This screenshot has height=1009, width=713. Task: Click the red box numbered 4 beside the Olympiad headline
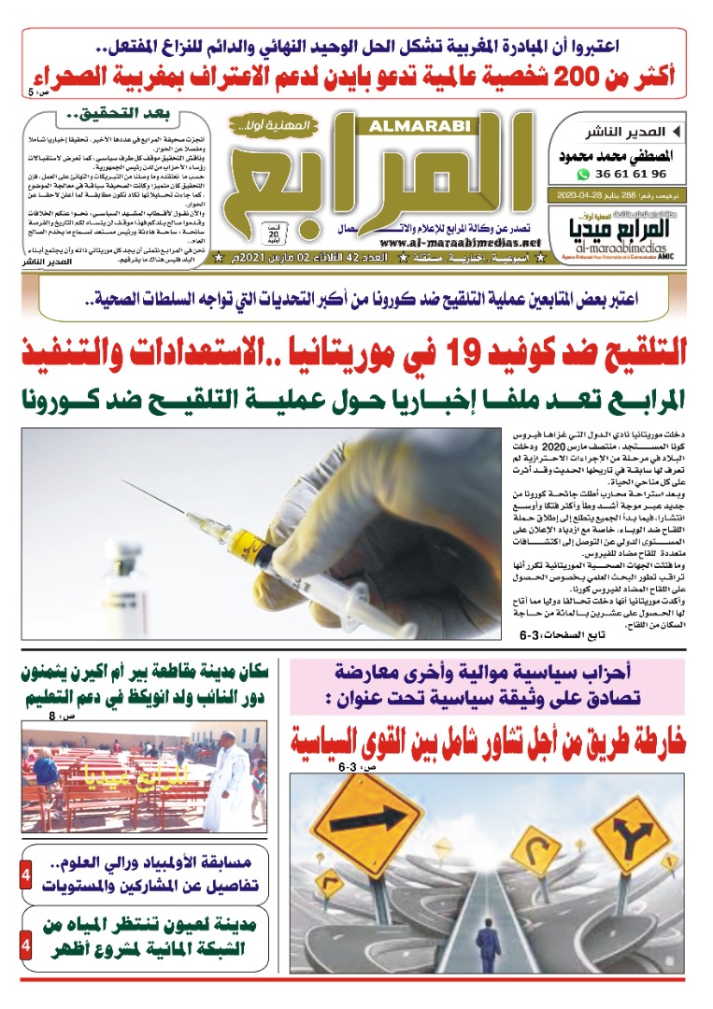(26, 878)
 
